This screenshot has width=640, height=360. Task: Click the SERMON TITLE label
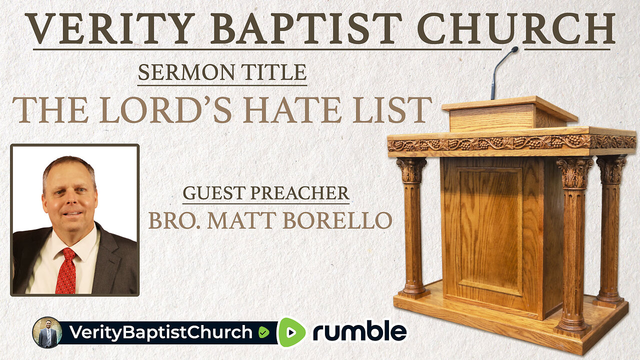pos(222,73)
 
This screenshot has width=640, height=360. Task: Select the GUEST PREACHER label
pos(265,193)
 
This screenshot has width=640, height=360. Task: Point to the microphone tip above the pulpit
pos(514,49)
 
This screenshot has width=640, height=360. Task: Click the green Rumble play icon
pos(291,332)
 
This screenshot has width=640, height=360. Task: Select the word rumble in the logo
pos(359,332)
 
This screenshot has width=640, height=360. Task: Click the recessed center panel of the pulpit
pos(490,230)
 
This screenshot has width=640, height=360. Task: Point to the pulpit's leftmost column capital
pos(411,169)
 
